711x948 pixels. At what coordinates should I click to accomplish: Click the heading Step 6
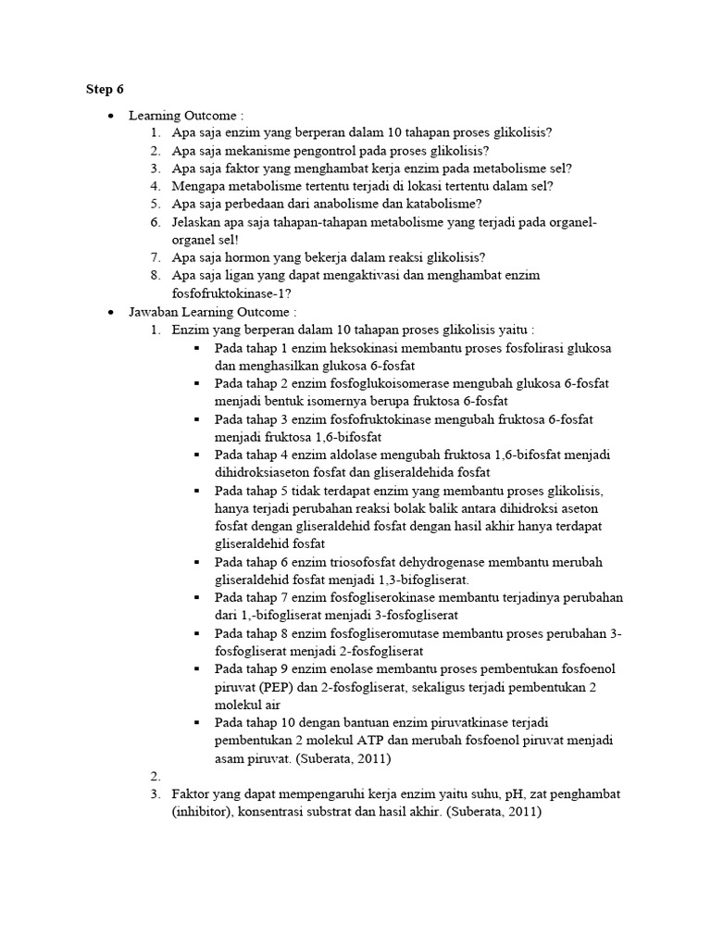(x=104, y=89)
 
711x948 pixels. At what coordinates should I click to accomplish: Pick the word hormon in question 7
(x=249, y=257)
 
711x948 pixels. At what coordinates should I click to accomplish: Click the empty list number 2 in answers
(x=155, y=776)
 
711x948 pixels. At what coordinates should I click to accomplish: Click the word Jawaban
(x=155, y=312)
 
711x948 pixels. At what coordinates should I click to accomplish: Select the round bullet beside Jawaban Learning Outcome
(x=111, y=313)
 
